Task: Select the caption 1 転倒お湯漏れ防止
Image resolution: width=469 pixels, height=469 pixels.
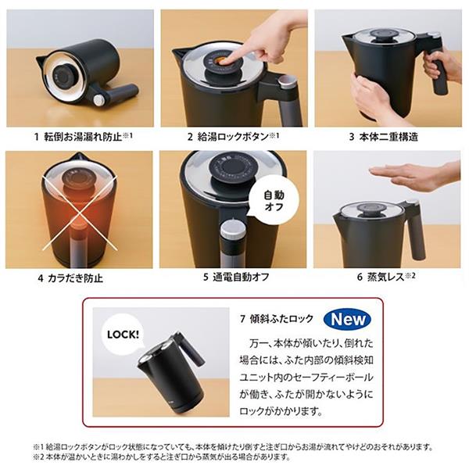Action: coord(83,136)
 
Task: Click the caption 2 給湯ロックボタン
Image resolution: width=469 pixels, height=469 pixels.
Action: coord(232,136)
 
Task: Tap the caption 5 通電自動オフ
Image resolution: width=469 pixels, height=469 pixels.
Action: coord(231,277)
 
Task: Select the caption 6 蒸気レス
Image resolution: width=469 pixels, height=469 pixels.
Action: coord(388,277)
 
